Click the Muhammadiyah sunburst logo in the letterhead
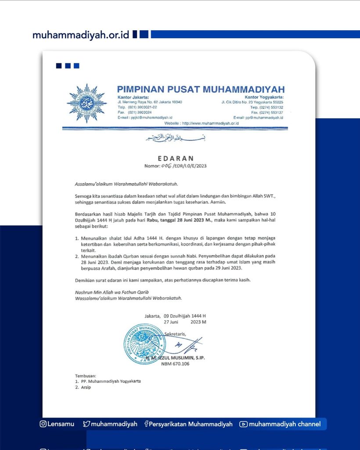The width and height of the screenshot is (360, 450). (x=86, y=103)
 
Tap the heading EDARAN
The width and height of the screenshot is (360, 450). (x=175, y=158)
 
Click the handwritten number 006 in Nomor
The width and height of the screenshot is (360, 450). (x=167, y=166)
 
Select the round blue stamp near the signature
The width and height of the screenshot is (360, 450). (x=145, y=344)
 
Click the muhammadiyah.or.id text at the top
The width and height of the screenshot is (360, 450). (x=81, y=35)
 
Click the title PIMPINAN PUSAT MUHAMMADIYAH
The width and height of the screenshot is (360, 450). (x=201, y=90)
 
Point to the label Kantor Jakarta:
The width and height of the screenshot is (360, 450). (x=133, y=97)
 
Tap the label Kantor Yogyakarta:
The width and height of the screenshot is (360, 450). (x=265, y=97)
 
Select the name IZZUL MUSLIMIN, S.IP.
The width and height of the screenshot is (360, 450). (x=182, y=358)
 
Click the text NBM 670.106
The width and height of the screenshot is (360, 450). (x=175, y=364)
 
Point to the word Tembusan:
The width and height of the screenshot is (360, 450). (x=86, y=376)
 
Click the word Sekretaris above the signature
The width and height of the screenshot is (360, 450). (x=175, y=334)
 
